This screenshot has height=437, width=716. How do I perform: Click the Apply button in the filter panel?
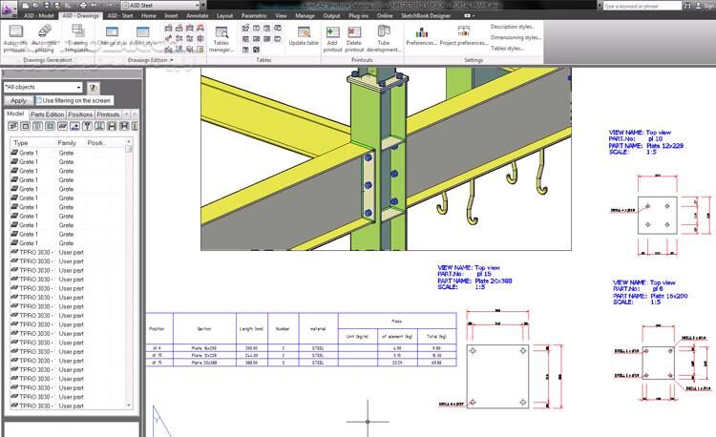pyautogui.click(x=18, y=100)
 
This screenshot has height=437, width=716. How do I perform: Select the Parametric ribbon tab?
pyautogui.click(x=254, y=15)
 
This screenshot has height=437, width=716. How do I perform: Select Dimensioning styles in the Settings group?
pyautogui.click(x=516, y=37)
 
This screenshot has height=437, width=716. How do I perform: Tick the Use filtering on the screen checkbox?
pyautogui.click(x=40, y=100)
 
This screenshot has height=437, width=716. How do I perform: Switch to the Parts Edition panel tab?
pyautogui.click(x=48, y=114)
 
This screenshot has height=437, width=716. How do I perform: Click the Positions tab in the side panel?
pyautogui.click(x=80, y=114)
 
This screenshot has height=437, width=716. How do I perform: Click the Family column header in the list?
pyautogui.click(x=67, y=142)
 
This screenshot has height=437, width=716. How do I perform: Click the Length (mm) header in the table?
pyautogui.click(x=252, y=327)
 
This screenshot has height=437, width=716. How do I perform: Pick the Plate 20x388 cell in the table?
pyautogui.click(x=204, y=363)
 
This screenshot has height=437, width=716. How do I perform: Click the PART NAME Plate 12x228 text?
pyautogui.click(x=648, y=145)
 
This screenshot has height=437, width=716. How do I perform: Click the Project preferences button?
pyautogui.click(x=463, y=42)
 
